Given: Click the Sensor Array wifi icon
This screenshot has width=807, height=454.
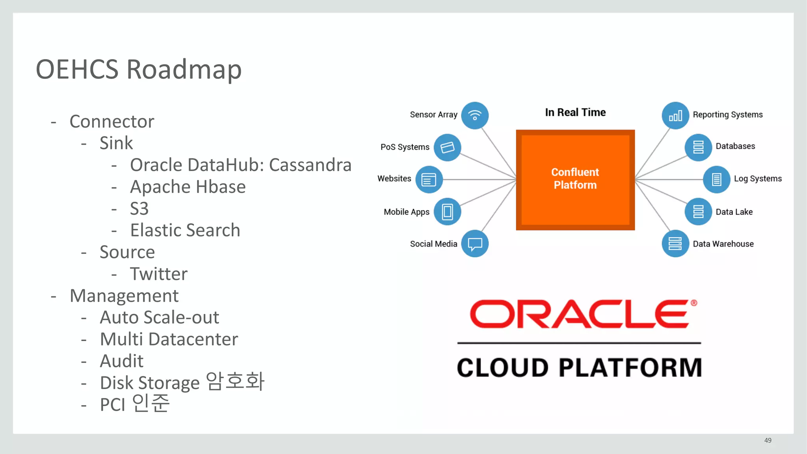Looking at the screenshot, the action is [475, 115].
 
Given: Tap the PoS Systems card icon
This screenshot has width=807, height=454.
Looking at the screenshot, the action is [447, 147].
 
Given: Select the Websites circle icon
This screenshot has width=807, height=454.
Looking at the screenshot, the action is [429, 180].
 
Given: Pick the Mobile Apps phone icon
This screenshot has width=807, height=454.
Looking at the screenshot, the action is [447, 212].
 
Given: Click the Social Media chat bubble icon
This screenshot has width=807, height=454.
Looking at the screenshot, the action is [475, 244].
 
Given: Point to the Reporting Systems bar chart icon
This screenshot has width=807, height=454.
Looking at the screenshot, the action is [675, 115].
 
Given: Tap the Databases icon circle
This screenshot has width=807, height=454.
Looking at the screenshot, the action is [698, 147].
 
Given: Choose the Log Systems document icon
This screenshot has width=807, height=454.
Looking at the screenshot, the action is [716, 180].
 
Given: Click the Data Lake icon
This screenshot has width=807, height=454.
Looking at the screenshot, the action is [698, 212].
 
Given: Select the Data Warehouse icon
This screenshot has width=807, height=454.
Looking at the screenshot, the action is [675, 244].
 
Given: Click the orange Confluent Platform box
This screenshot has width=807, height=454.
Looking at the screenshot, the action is [575, 180].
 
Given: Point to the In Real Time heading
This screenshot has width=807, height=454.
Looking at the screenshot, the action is [575, 112].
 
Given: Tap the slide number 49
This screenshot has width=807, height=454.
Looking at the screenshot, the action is [768, 440].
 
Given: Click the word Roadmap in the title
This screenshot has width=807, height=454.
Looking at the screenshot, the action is [184, 69].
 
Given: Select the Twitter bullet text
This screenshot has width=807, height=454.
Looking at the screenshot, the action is [159, 274].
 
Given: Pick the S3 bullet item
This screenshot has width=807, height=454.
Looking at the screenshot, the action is [139, 208].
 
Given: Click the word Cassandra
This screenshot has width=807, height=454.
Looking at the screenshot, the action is [310, 165].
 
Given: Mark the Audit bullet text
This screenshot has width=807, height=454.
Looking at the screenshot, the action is [122, 361].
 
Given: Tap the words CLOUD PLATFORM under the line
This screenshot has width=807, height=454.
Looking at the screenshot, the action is [579, 368].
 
